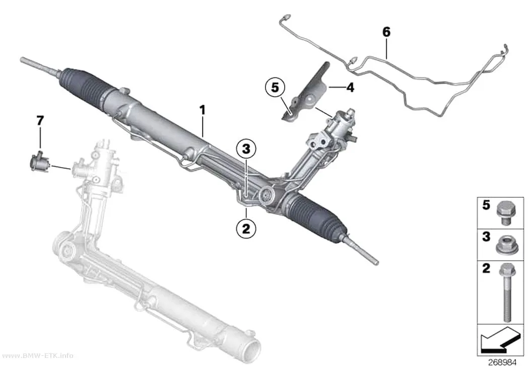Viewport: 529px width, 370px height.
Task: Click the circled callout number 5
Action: [x=275, y=88]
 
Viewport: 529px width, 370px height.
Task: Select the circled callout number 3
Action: [x=246, y=149]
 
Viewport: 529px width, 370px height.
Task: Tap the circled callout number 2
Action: [x=246, y=229]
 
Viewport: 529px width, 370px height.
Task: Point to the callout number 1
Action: [x=202, y=110]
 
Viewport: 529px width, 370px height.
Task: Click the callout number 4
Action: [x=350, y=88]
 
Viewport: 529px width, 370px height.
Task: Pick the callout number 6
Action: [x=386, y=32]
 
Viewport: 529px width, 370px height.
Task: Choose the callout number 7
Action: [x=40, y=120]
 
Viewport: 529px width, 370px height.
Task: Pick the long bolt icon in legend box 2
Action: [x=505, y=292]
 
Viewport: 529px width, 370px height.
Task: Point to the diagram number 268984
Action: [x=502, y=362]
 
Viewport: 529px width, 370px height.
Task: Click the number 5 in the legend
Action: [x=486, y=205]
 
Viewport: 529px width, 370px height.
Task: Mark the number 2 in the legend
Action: [x=486, y=269]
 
